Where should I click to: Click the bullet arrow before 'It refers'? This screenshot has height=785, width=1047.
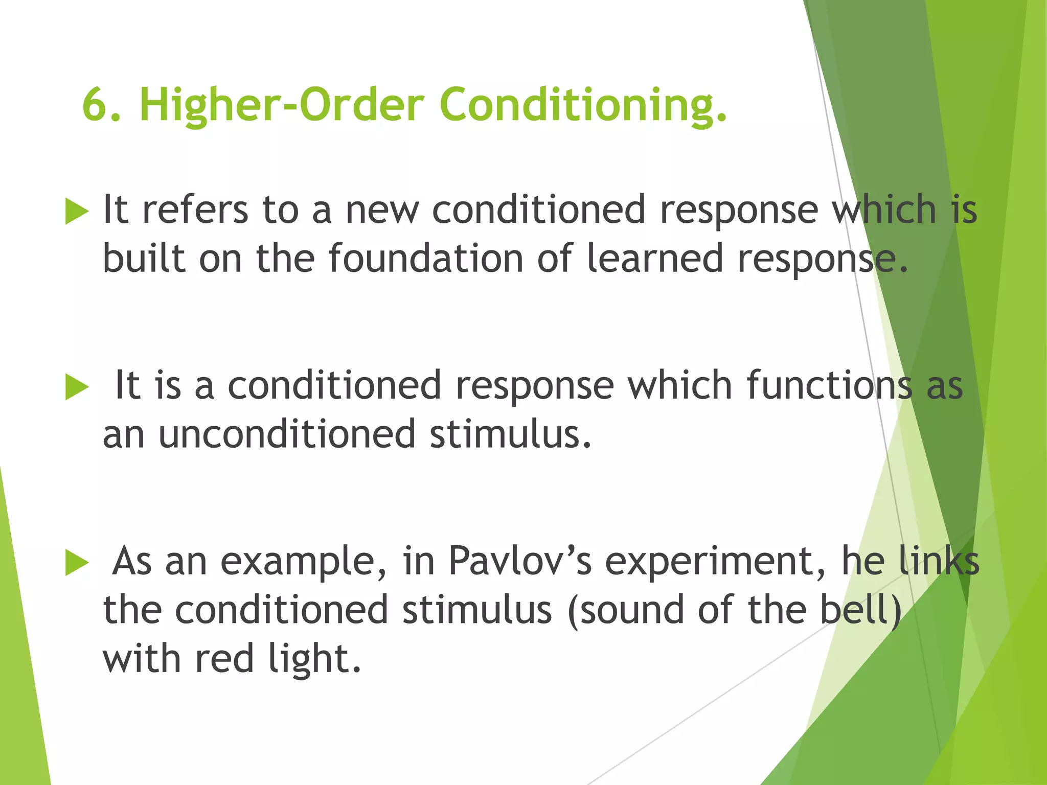[x=77, y=212]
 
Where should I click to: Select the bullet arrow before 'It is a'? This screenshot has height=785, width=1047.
[x=77, y=387]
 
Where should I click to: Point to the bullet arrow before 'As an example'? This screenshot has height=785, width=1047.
[x=77, y=563]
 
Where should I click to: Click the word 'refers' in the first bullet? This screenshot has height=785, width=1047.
[x=195, y=210]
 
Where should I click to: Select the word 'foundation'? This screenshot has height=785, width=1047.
[x=425, y=259]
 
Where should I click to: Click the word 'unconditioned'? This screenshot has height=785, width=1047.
[x=287, y=434]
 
